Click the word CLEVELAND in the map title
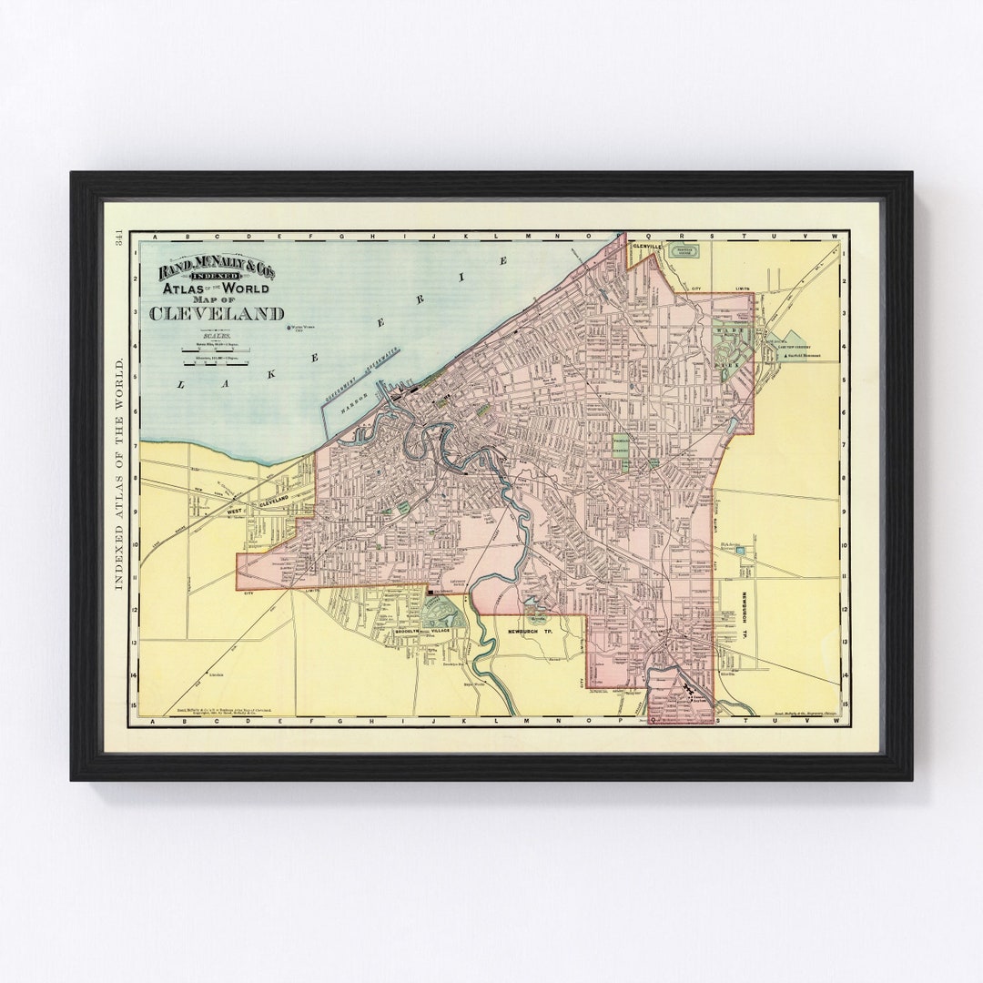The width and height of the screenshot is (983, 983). tap(217, 314)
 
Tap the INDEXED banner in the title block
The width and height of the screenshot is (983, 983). tap(218, 276)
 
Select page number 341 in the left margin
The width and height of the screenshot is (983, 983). tap(118, 238)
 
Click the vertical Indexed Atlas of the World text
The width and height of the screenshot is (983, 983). tap(118, 473)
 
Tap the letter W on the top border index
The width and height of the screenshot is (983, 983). tap(832, 237)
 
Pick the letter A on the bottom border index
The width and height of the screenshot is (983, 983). tap(154, 719)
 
